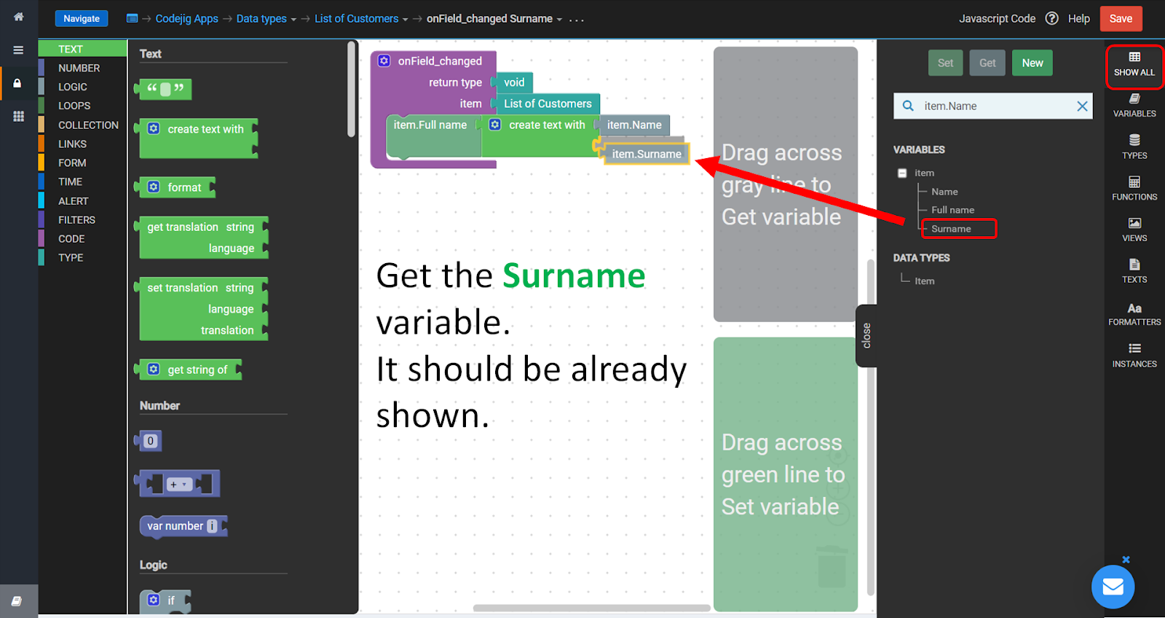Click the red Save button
pos(1121,19)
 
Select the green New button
pos(1032,63)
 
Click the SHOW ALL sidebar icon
pos(1134,65)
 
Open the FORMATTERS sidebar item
pos(1134,315)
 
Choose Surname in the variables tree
pos(951,229)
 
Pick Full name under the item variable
pos(952,210)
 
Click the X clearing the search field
pos(1082,106)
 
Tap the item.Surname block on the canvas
pos(647,154)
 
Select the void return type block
pos(513,82)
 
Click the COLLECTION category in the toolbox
pos(88,125)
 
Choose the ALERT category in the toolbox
pos(73,201)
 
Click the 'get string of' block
pos(189,369)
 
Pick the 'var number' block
pos(183,526)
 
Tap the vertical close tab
pos(866,336)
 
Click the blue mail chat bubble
pos(1113,587)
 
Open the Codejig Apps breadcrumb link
pos(186,19)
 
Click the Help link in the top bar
pos(1078,19)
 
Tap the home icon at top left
pos(19,17)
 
